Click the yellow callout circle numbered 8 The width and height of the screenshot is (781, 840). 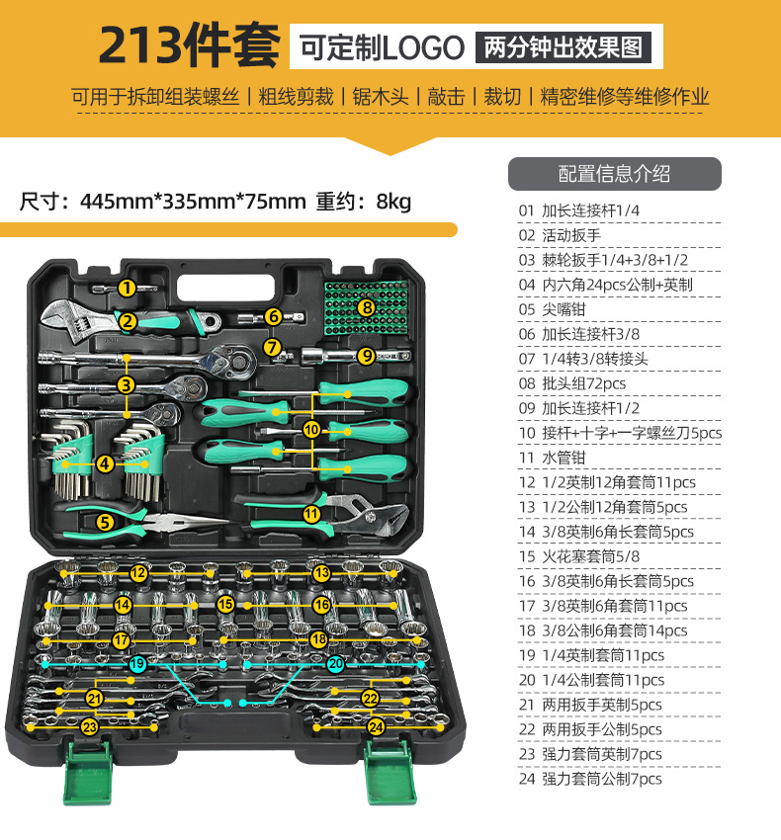[367, 307]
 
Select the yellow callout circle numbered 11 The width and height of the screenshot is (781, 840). [311, 513]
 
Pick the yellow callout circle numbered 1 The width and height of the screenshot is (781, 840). [127, 288]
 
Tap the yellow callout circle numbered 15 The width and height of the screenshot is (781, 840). [226, 603]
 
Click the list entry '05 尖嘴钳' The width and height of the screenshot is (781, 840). [564, 308]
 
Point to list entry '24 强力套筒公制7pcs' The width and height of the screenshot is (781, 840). [590, 779]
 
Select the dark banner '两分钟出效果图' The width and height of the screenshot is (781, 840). [568, 46]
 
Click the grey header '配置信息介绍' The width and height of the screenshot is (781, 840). [614, 174]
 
